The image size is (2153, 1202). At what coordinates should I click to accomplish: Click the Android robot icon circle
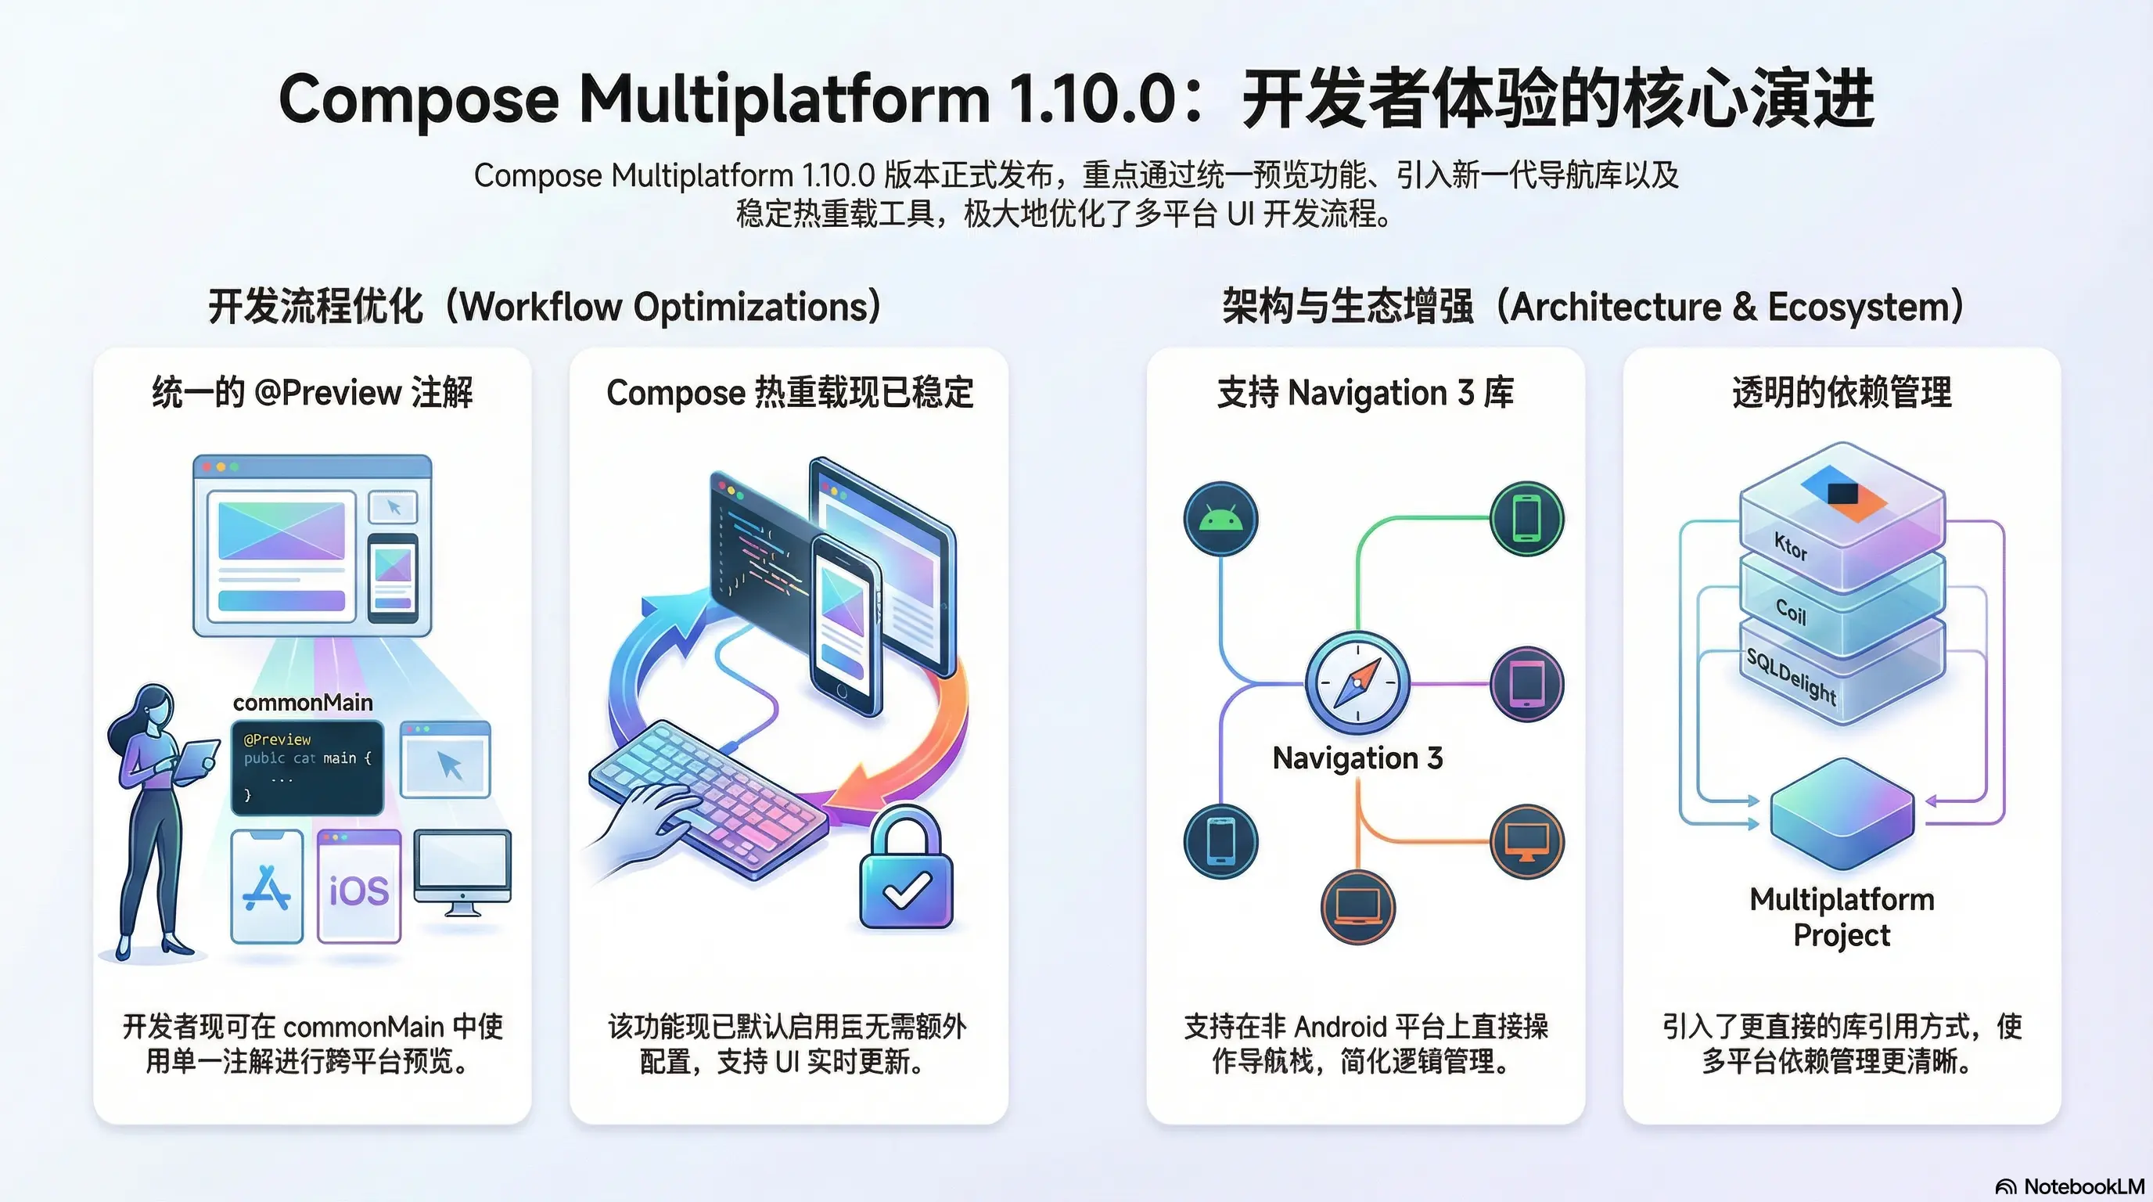point(1221,519)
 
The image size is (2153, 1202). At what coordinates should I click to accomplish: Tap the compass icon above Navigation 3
point(1357,683)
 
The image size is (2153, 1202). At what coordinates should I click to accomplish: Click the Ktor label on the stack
point(1791,548)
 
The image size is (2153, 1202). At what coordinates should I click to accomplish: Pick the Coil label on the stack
point(1791,611)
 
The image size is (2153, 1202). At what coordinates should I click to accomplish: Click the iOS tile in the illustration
point(359,887)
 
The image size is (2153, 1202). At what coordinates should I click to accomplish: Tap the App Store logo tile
point(267,887)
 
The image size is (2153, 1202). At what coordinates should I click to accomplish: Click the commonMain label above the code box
point(303,702)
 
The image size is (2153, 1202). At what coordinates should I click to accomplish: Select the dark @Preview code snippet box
point(307,768)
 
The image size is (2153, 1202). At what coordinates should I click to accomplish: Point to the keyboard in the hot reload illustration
point(706,794)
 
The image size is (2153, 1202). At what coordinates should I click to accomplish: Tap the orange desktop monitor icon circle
point(1526,841)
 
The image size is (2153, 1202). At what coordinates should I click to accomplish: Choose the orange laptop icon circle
point(1358,906)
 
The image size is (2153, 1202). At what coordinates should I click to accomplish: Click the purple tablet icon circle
point(1526,684)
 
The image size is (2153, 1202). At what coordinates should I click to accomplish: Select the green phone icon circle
point(1526,518)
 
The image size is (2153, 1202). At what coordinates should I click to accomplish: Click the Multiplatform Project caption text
point(1842,917)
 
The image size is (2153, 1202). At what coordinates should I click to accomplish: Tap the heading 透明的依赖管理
point(1842,392)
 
